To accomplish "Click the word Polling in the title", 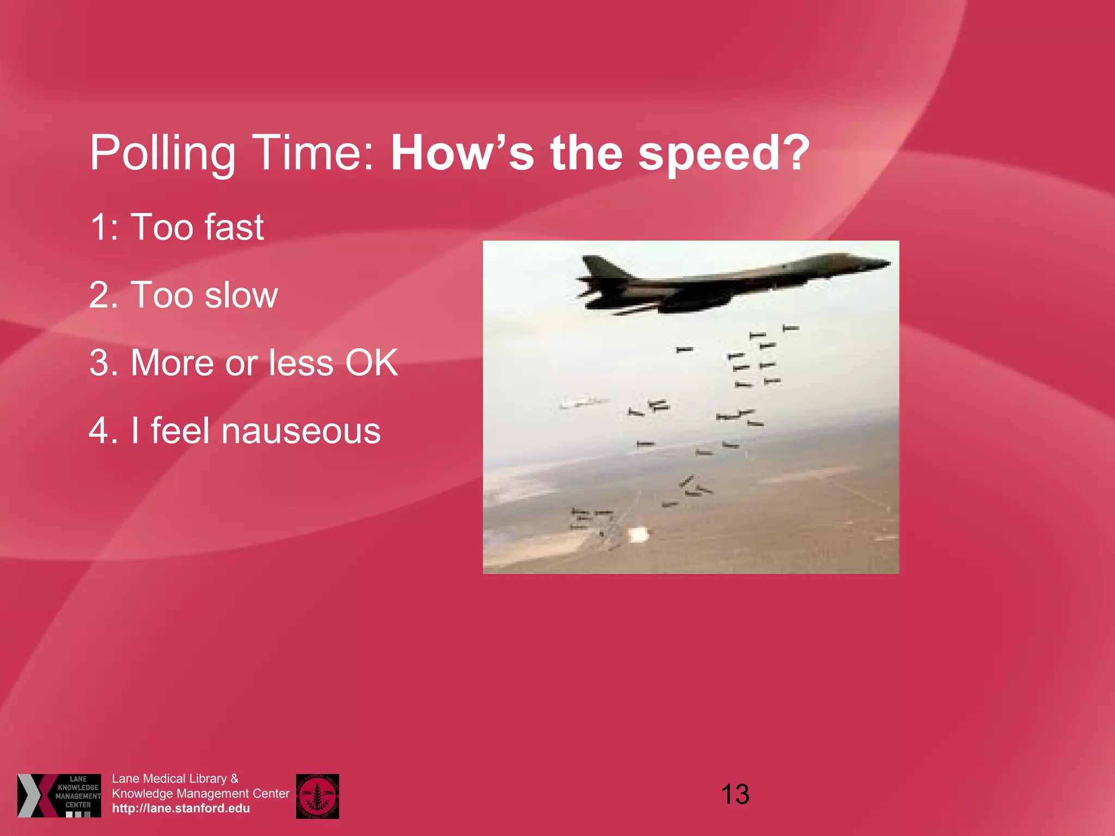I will pos(162,154).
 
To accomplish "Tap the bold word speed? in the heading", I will pos(724,154).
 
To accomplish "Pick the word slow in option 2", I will pos(241,295).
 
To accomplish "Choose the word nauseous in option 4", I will pos(301,431).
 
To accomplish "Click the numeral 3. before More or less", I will pos(103,363).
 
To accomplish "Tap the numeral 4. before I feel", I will pos(103,431).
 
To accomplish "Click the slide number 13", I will pos(735,795).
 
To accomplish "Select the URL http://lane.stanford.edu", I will pos(181,808).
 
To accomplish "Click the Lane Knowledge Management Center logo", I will pos(59,795).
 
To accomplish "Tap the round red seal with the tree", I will pos(317,796).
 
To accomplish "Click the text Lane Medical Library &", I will pos(175,779).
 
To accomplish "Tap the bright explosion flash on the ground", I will pos(638,534).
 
